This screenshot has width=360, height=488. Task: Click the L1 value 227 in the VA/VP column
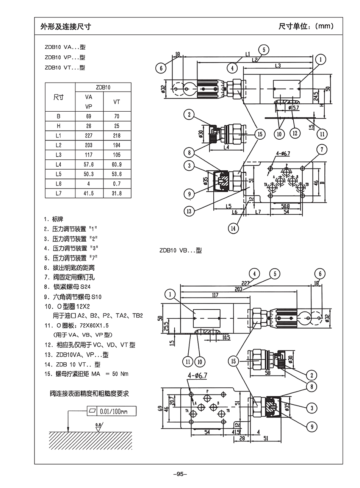click(89, 136)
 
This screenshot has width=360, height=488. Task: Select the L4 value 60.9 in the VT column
click(117, 164)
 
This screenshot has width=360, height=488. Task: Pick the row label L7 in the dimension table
click(58, 193)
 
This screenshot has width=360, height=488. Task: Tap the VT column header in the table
click(117, 102)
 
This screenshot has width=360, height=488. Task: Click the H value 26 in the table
click(89, 126)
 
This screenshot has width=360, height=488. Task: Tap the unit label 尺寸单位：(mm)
click(306, 26)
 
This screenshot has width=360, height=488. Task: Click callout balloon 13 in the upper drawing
click(189, 211)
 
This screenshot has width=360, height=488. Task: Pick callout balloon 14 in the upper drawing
click(233, 228)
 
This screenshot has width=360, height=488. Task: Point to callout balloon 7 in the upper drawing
click(322, 149)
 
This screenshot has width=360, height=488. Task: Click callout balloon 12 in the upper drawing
click(295, 133)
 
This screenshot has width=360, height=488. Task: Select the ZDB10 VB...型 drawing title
click(180, 250)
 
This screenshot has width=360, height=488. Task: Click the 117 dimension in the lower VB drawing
click(215, 295)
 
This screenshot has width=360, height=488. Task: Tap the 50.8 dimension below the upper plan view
click(285, 206)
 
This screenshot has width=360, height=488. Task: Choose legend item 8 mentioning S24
click(67, 287)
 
